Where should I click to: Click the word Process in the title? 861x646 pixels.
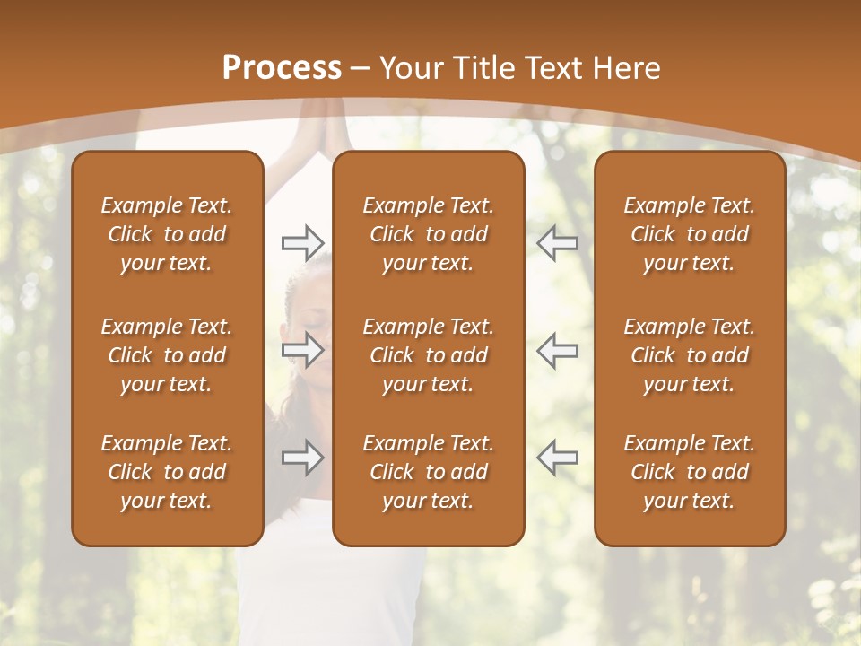(282, 68)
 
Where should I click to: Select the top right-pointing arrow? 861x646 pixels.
(302, 243)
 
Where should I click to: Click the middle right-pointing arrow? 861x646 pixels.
(302, 350)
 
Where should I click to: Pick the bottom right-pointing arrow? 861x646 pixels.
(302, 458)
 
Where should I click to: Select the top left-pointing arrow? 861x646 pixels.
(558, 243)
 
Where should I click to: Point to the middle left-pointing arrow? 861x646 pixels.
(558, 350)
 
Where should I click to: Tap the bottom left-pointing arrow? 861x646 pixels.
(558, 458)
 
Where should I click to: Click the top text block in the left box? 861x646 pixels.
(167, 234)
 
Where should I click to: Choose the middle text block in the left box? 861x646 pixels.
(167, 355)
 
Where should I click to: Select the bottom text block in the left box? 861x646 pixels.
(167, 472)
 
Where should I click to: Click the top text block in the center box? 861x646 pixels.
(428, 234)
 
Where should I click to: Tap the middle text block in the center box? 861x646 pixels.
(428, 355)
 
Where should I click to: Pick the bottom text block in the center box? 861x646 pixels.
(428, 472)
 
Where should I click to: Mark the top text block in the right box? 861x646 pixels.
(689, 234)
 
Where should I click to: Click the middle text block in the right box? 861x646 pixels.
(689, 355)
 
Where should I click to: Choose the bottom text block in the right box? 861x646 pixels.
(689, 472)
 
